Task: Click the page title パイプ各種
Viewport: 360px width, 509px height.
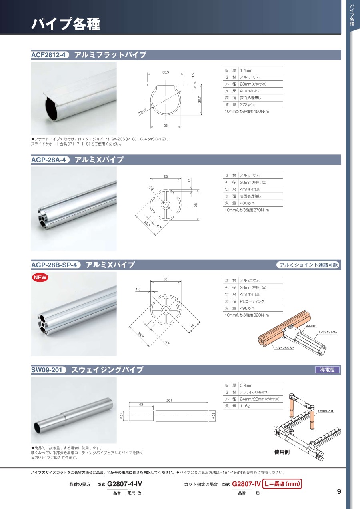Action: tap(66, 24)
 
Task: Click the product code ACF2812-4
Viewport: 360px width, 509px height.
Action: tap(48, 55)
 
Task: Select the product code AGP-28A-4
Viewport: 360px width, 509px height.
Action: tap(48, 160)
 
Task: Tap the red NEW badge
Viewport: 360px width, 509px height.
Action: tap(40, 277)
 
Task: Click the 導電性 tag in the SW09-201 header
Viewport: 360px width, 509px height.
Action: tap(327, 370)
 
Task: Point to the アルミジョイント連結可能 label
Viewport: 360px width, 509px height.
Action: tap(308, 265)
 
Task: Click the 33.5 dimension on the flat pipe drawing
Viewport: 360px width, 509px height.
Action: tap(166, 72)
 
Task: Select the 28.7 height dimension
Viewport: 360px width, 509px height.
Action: tap(200, 100)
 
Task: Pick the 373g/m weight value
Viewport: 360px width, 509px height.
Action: tap(247, 105)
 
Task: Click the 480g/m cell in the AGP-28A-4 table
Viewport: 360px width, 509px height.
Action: tap(247, 203)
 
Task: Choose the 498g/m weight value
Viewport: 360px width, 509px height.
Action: tap(247, 309)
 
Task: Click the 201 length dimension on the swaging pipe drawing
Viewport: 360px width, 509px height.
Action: tap(169, 401)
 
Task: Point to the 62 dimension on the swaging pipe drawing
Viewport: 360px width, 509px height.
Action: tap(141, 404)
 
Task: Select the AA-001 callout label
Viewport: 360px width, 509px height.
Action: tap(311, 326)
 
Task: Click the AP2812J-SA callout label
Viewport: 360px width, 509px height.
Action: tap(328, 332)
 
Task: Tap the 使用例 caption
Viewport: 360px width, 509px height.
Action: tap(282, 452)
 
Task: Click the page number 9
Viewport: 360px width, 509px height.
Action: tap(339, 492)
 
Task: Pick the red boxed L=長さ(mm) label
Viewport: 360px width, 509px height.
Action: tap(282, 484)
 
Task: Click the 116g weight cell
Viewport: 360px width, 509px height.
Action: tap(245, 406)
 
